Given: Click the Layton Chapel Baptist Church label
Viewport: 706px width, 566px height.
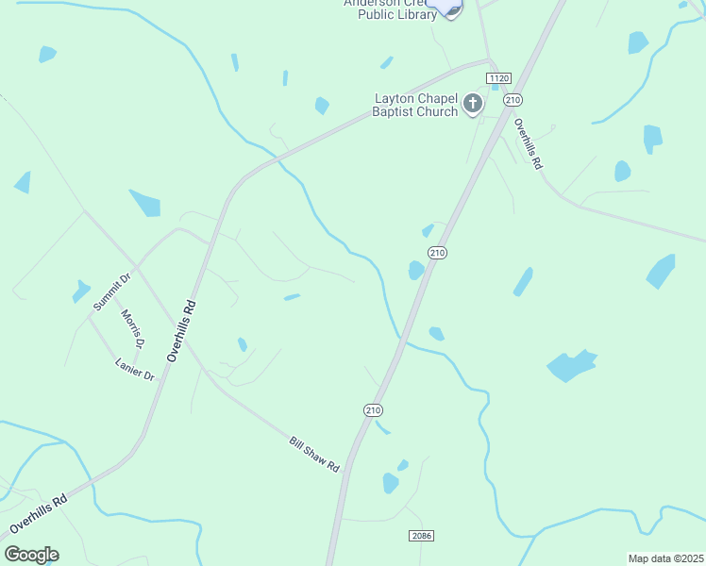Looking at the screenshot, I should (x=416, y=105).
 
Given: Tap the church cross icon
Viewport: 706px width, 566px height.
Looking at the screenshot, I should (x=473, y=104).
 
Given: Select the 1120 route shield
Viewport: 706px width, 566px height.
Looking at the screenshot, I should (x=498, y=77).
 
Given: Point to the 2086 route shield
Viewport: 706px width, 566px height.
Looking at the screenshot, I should (x=422, y=535).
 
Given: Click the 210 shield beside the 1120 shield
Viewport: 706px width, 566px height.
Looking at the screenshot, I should (x=513, y=99).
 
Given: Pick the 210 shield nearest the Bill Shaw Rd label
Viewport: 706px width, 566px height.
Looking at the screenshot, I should (x=373, y=409).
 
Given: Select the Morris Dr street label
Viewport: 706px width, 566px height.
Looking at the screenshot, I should (x=133, y=328).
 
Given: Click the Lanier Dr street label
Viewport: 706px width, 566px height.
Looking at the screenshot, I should (x=134, y=369).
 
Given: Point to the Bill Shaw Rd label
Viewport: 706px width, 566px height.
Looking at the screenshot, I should (x=313, y=454).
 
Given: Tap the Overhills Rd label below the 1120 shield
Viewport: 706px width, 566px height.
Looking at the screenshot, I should (x=528, y=143).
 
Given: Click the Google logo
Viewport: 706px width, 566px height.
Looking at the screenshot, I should (x=31, y=555).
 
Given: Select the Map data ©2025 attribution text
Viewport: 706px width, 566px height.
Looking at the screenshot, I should (x=666, y=558).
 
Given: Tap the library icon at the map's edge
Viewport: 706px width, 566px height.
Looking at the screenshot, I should (x=445, y=7).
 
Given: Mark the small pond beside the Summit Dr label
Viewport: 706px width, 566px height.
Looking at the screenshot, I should (x=81, y=292).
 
